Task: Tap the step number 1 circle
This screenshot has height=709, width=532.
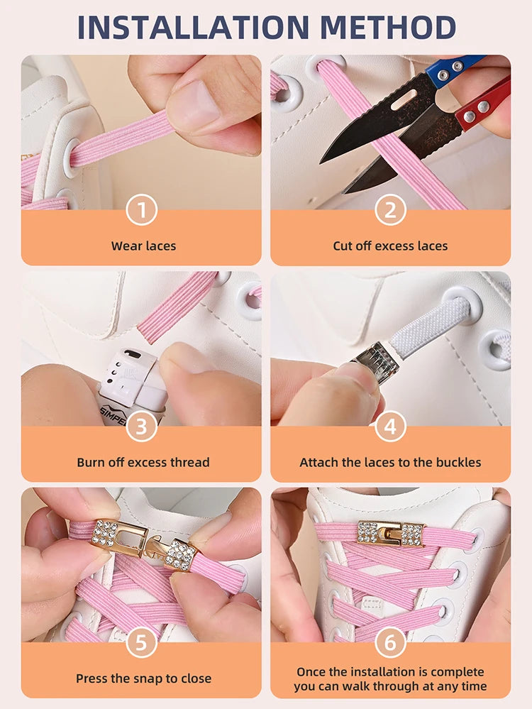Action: tap(141, 210)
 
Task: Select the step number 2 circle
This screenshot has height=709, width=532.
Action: tap(390, 210)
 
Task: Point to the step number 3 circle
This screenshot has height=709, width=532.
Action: tap(141, 426)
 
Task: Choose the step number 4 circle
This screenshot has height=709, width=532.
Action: tap(390, 426)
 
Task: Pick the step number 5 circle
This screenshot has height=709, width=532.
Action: tap(141, 642)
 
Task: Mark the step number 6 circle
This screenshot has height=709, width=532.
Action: tap(390, 642)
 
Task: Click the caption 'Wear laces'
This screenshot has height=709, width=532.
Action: tap(143, 246)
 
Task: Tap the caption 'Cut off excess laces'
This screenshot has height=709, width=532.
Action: tap(390, 246)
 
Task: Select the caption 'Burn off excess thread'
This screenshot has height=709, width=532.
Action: tap(143, 462)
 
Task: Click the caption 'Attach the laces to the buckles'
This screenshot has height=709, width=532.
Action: tap(390, 462)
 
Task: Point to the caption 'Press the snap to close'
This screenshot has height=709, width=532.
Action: tap(143, 678)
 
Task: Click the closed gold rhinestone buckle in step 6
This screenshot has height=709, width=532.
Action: tap(391, 533)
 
